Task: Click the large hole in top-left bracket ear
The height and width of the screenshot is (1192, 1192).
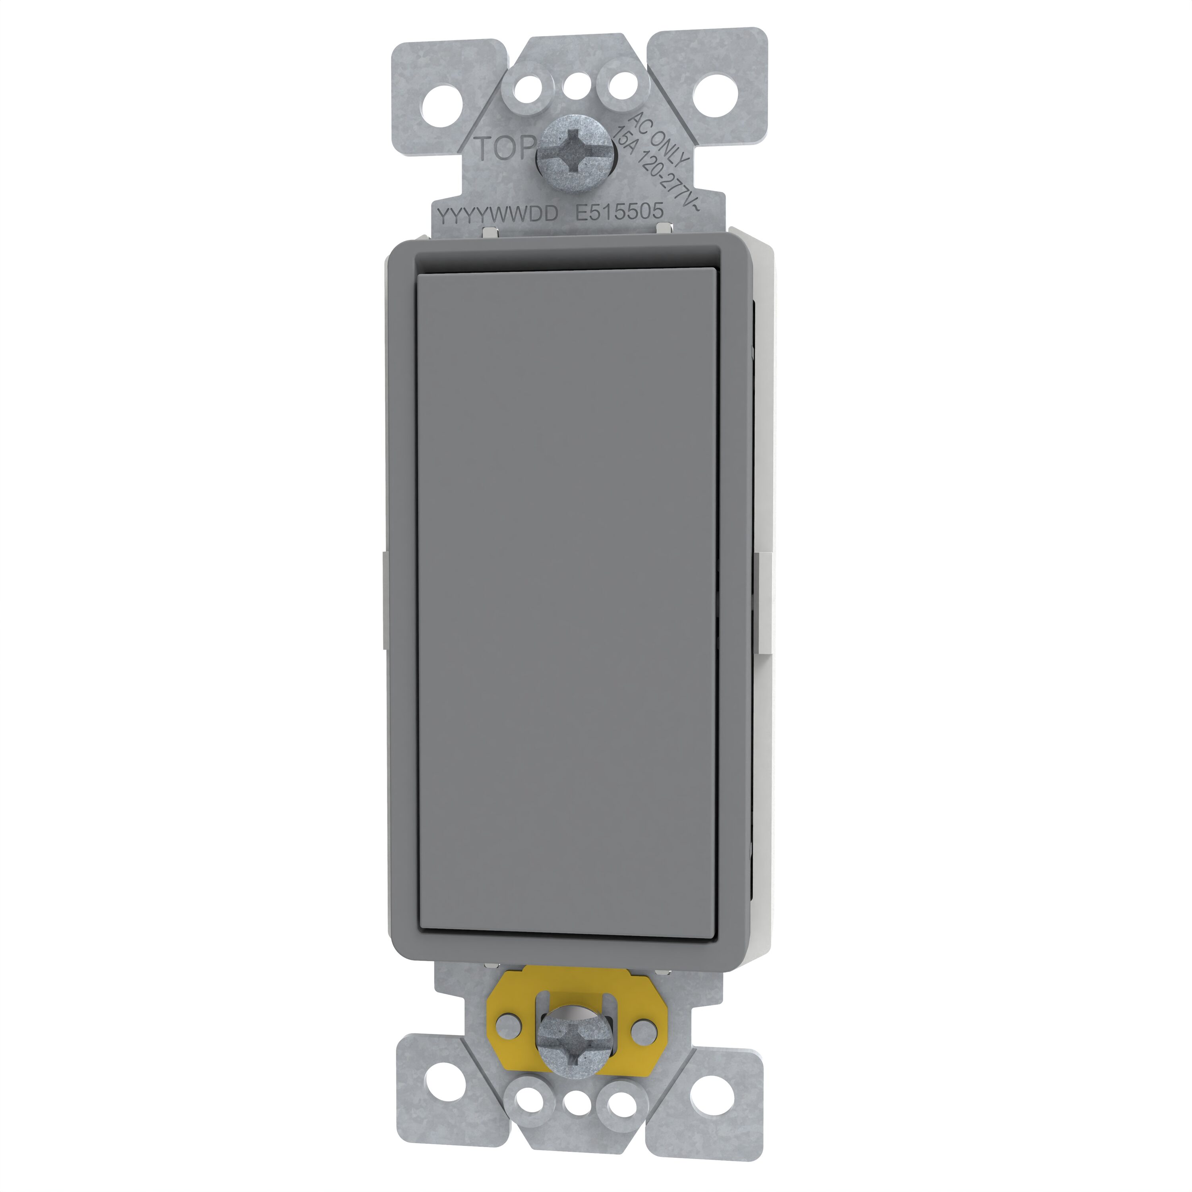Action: coord(444,95)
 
